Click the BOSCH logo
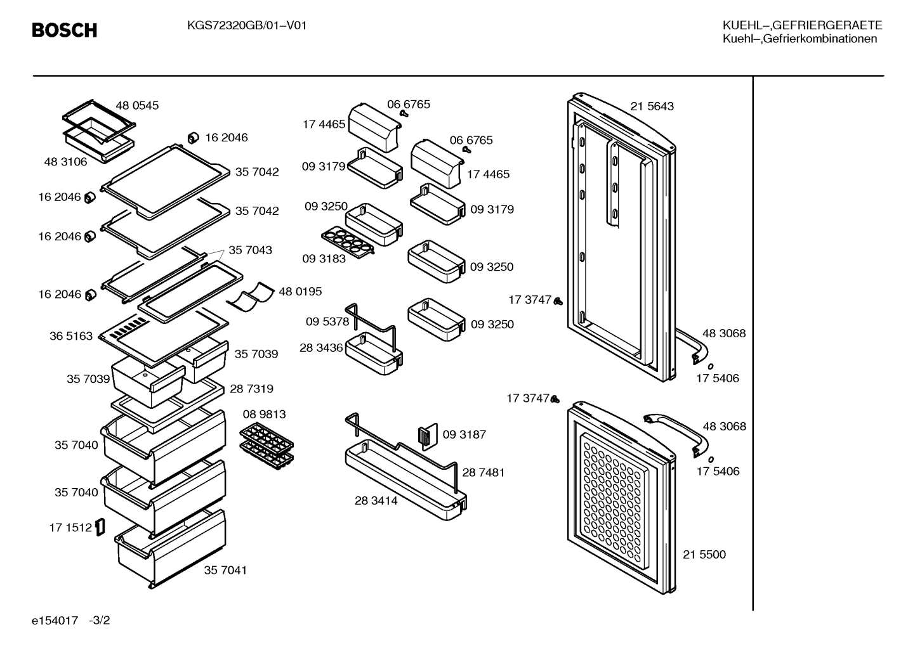point(65,30)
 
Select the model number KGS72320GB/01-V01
point(247,26)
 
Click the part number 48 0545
point(137,106)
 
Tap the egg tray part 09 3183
point(348,242)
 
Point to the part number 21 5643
point(652,107)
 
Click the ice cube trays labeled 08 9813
point(267,447)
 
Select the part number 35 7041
point(225,570)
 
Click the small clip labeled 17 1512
point(100,527)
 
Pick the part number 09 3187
point(464,435)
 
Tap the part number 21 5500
point(704,555)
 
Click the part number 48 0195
point(300,292)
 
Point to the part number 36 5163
point(71,336)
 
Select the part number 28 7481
point(484,472)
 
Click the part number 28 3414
point(376,501)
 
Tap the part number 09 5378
point(327,322)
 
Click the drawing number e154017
point(55,621)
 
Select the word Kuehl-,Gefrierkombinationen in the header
point(800,39)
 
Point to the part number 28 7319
point(252,389)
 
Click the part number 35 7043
point(250,250)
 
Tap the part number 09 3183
point(324,259)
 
